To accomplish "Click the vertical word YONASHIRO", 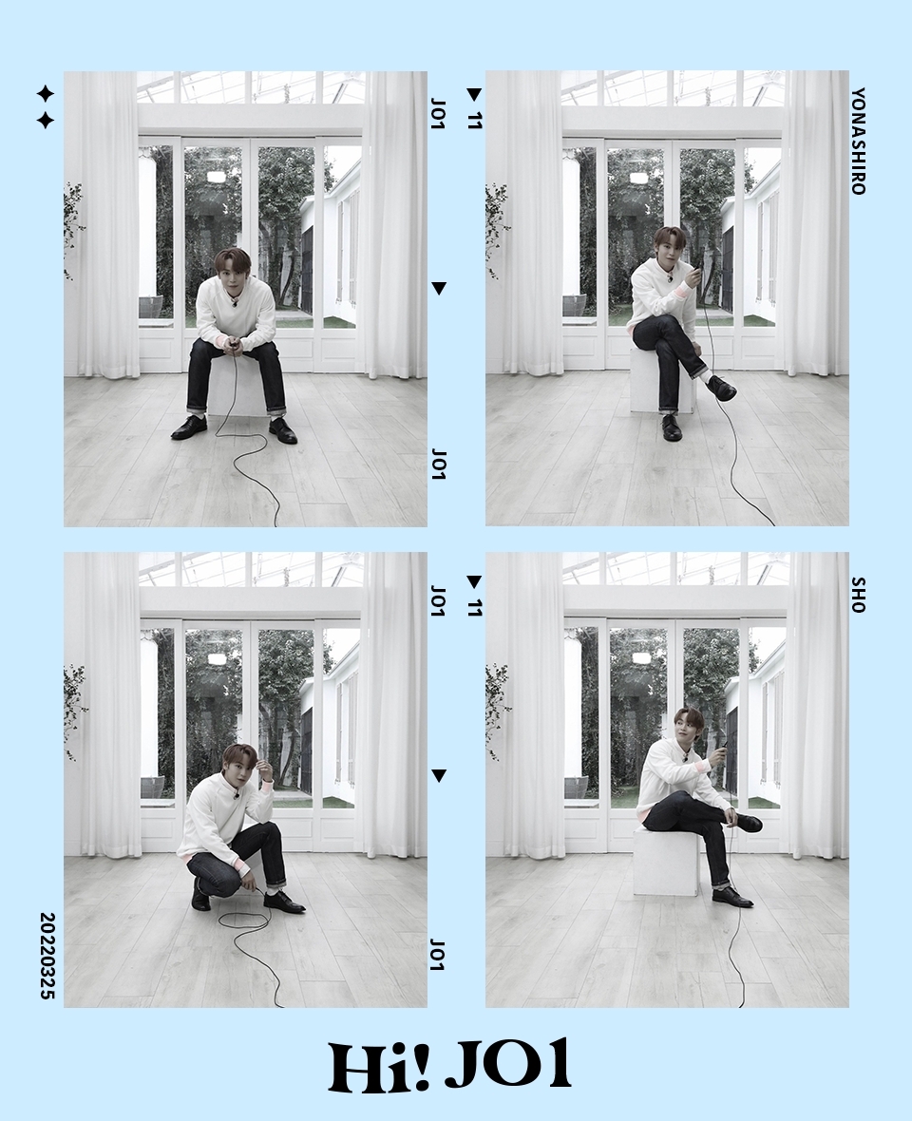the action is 859,141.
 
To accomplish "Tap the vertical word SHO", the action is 859,595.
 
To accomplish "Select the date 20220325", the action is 47,955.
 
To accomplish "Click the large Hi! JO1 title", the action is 449,1066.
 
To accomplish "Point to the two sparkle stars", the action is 45,107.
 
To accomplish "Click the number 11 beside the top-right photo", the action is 475,120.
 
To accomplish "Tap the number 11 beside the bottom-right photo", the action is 475,607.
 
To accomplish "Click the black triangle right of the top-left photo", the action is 439,288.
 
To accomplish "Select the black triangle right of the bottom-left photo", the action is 439,776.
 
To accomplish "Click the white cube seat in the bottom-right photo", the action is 665,862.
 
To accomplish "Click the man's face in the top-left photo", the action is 233,273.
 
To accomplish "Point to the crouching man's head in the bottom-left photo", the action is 239,763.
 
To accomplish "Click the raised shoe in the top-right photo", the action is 721,388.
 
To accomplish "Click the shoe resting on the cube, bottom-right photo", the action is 747,822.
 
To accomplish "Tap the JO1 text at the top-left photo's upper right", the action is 439,114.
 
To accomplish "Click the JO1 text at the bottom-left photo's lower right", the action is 437,955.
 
